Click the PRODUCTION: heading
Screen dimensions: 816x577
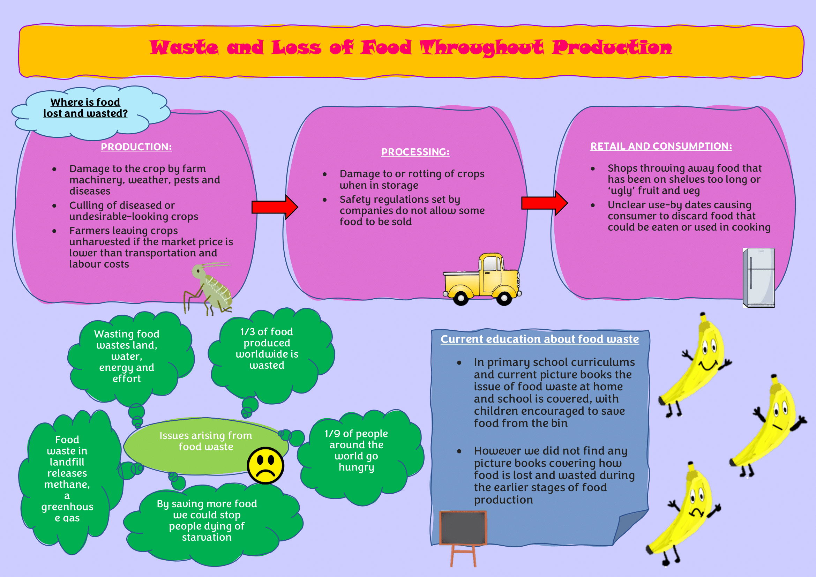click(136, 147)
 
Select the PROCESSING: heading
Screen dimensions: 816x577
click(415, 152)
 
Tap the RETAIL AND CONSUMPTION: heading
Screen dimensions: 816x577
click(661, 146)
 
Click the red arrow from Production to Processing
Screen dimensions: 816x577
click(275, 207)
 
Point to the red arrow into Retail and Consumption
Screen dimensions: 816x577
click(545, 203)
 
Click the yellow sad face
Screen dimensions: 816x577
click(265, 465)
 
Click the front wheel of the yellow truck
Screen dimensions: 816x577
click(504, 298)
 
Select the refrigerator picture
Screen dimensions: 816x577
click(758, 278)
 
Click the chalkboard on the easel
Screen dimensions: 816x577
click(463, 528)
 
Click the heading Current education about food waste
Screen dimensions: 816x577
click(539, 339)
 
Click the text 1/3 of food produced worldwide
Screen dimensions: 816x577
click(267, 343)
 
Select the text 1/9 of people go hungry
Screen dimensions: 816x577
click(357, 450)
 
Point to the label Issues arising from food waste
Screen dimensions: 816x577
click(206, 441)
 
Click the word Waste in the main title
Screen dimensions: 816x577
click(184, 47)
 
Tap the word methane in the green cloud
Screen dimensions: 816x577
click(67, 485)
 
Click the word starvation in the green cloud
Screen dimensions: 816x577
click(207, 537)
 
